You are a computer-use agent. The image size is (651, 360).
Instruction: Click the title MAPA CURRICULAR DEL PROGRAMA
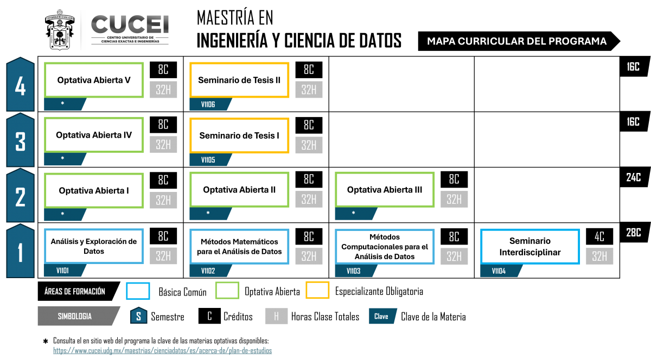pos(516,41)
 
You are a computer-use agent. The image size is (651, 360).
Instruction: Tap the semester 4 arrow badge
pos(20,86)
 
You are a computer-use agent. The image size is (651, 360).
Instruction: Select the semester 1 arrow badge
pos(20,252)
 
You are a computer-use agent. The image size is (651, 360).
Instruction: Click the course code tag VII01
pos(63,271)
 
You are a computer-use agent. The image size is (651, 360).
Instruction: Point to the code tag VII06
pos(208,104)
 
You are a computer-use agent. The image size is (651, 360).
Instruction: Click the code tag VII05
pos(208,160)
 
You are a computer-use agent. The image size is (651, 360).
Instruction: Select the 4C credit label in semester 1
pos(599,237)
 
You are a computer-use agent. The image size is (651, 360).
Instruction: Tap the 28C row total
pos(633,233)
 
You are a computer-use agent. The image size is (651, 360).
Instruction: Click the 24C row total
pos(633,177)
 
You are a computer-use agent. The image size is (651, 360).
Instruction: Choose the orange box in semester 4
pos(239,80)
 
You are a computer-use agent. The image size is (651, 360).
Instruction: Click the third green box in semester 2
pos(385,189)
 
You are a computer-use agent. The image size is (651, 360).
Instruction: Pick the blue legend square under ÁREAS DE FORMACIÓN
pos(138,291)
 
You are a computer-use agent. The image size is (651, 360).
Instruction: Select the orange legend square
pos(317,291)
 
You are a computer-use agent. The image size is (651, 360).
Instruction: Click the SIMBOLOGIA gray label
pos(75,316)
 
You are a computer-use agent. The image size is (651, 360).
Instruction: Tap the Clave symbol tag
pos(382,316)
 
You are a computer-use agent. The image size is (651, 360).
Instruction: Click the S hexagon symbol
pos(139,316)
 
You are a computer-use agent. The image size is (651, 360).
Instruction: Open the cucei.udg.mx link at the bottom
pos(163,351)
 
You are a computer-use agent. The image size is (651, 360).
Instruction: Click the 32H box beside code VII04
pos(599,256)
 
